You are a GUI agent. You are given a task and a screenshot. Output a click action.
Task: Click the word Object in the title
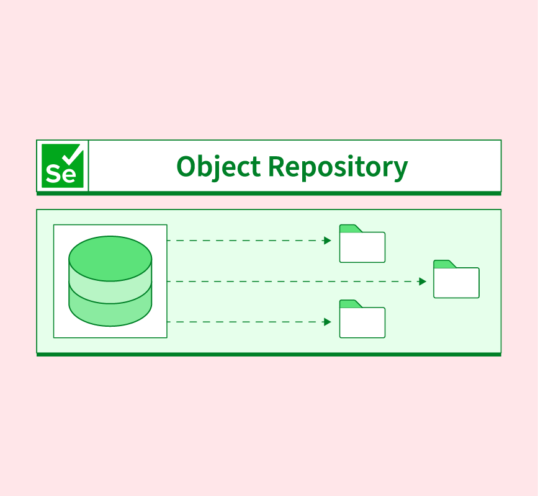click(218, 167)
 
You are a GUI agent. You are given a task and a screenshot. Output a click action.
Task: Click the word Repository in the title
click(338, 167)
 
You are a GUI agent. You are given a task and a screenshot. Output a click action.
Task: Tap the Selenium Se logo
click(63, 166)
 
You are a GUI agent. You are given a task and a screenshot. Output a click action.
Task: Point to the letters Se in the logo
click(60, 174)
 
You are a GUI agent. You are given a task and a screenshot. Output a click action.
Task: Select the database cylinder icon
click(110, 281)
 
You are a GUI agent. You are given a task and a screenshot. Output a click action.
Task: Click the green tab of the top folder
click(350, 229)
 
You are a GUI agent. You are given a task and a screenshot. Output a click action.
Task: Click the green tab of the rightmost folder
click(444, 264)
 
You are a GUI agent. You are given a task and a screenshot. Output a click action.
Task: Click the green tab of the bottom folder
click(350, 304)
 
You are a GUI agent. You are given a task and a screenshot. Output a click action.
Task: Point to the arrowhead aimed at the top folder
click(328, 241)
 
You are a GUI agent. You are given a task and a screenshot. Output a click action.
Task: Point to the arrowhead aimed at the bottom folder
click(328, 322)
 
